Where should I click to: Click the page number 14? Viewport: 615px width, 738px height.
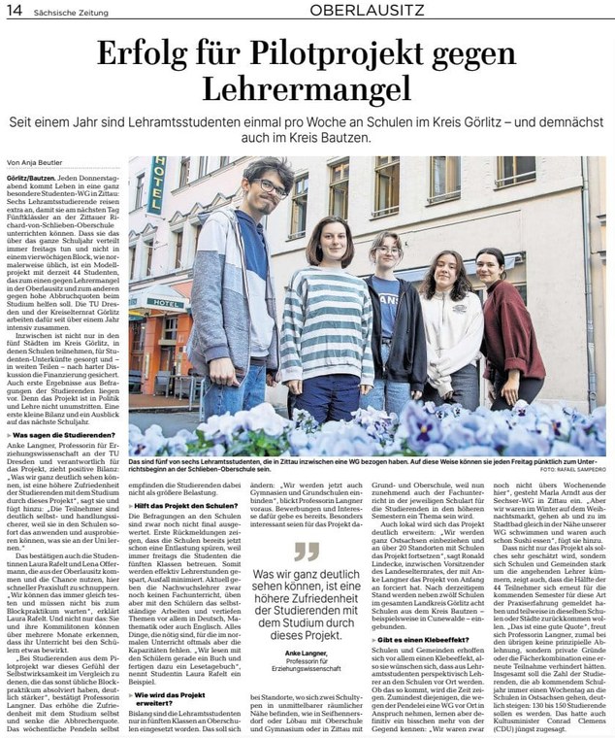click(16, 10)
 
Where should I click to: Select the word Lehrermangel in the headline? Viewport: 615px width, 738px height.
click(307, 91)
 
